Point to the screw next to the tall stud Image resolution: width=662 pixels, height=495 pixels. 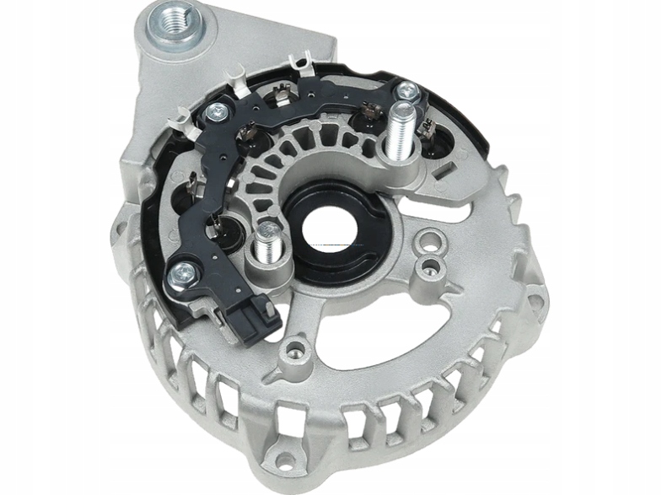click(409, 88)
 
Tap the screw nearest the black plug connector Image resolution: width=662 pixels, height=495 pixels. click(183, 272)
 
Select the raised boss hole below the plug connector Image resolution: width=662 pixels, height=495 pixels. click(294, 347)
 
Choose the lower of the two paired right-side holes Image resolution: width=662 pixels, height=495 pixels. click(433, 267)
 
